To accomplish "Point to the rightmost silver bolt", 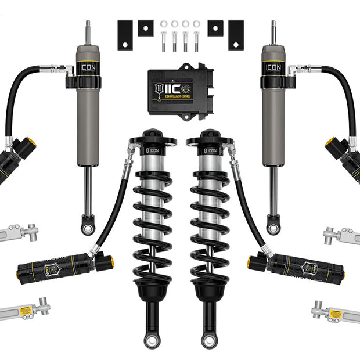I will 196,41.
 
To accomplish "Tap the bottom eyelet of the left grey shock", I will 88,228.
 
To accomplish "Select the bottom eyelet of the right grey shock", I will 273,228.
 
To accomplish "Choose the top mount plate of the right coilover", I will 210,140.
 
